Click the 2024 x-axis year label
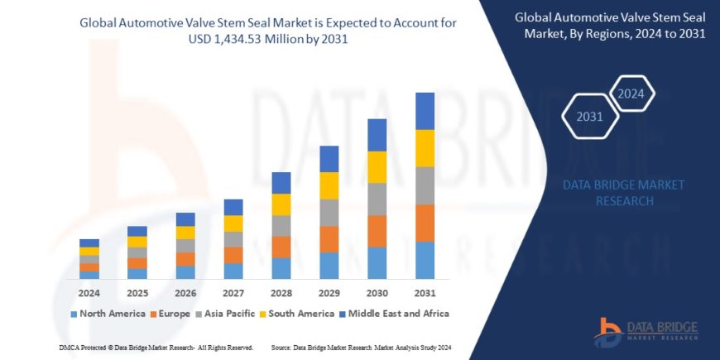pyautogui.click(x=89, y=292)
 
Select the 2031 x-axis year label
pyautogui.click(x=425, y=292)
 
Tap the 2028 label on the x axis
pyautogui.click(x=281, y=292)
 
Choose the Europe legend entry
pyautogui.click(x=174, y=314)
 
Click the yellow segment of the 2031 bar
pyautogui.click(x=425, y=148)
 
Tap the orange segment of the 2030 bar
pyautogui.click(x=377, y=231)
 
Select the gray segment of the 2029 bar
pyautogui.click(x=329, y=213)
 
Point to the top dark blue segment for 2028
pyautogui.click(x=281, y=183)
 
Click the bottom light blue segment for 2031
pyautogui.click(x=425, y=260)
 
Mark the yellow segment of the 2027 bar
pyautogui.click(x=233, y=223)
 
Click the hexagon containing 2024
pyautogui.click(x=631, y=94)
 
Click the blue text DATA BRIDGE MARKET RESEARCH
pyautogui.click(x=623, y=192)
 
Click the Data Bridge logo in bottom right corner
pyautogui.click(x=650, y=331)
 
